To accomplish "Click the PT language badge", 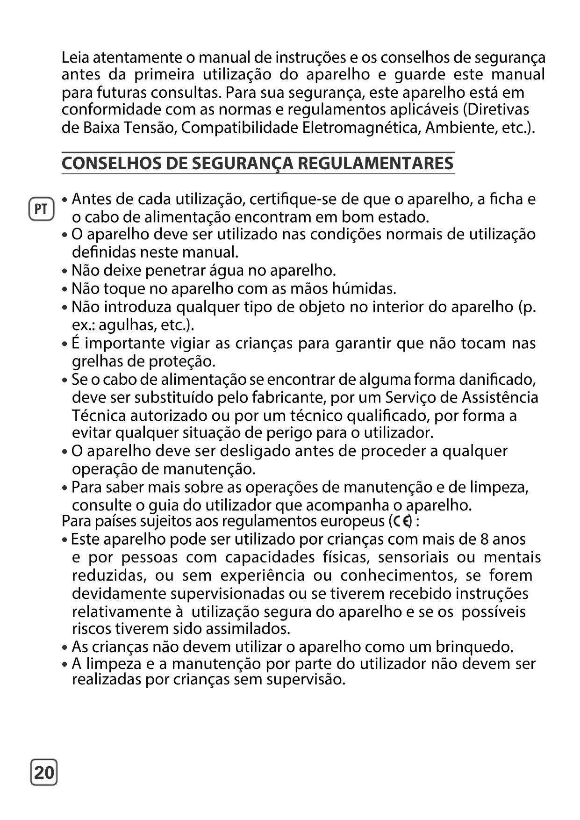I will pyautogui.click(x=41, y=209).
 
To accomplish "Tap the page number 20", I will pyautogui.click(x=44, y=772).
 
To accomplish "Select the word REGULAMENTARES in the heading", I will pyautogui.click(x=375, y=164).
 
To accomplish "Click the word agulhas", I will pyautogui.click(x=127, y=325).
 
